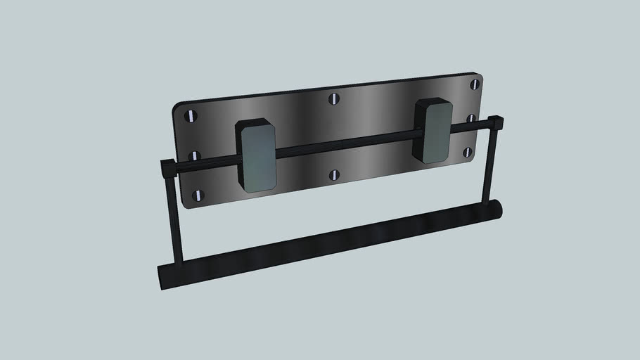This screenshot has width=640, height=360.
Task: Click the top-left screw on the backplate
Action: pos(191,115)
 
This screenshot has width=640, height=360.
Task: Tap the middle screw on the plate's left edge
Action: pos(195,155)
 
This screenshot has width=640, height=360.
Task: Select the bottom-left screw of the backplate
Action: pos(199,195)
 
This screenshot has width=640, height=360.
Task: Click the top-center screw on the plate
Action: pos(334,98)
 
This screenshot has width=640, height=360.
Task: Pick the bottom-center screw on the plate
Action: pos(334,174)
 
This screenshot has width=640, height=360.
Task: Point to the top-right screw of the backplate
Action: pos(475,84)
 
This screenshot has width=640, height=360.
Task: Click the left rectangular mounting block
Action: pos(256,155)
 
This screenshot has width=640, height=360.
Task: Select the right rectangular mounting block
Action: pos(434,130)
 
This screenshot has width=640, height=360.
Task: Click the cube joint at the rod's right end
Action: pos(494,123)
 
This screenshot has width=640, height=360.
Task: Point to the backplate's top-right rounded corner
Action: pos(478,76)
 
